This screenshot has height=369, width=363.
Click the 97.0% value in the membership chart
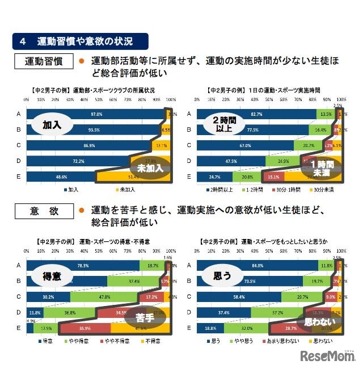pyautogui.click(x=95, y=114)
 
